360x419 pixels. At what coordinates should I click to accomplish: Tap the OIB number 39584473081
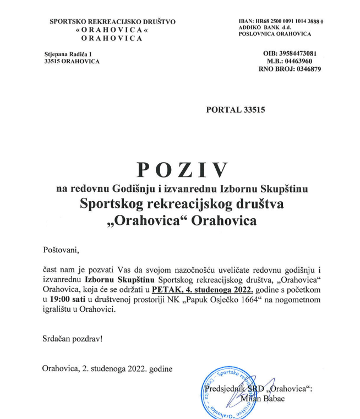pos(297,53)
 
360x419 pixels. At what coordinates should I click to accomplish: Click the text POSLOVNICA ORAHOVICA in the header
pos(275,34)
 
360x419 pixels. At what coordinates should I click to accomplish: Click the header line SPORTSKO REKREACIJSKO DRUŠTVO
pos(112,21)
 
